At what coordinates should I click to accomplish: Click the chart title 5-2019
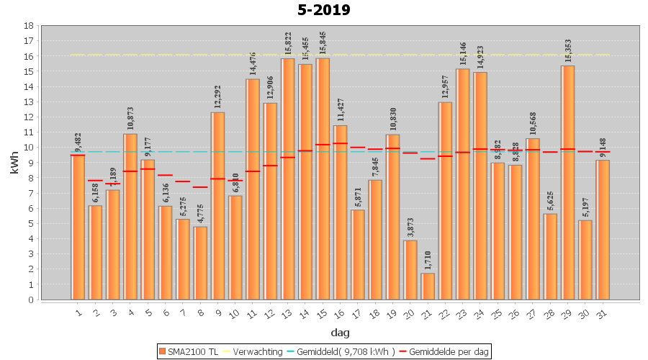pyautogui.click(x=323, y=10)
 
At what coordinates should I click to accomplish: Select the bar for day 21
pyautogui.click(x=428, y=287)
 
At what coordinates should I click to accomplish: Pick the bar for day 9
pyautogui.click(x=217, y=206)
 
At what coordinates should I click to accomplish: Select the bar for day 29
pyautogui.click(x=567, y=183)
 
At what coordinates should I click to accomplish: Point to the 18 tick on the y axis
pyautogui.click(x=29, y=26)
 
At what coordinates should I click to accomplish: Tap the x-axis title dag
pyautogui.click(x=341, y=333)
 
